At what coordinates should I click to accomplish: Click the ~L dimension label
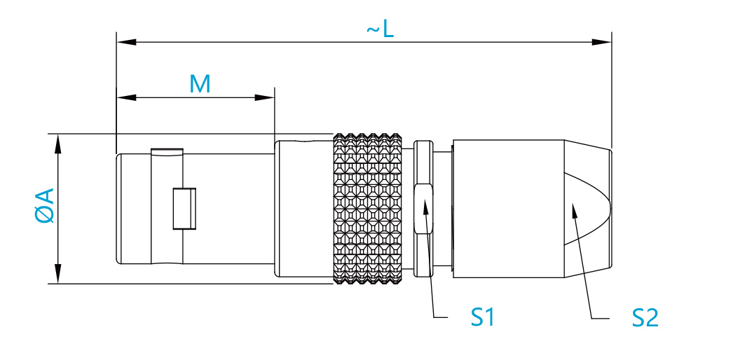(x=380, y=29)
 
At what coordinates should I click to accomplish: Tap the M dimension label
(x=200, y=85)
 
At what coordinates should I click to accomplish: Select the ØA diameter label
(x=45, y=205)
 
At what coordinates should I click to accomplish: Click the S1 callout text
(x=482, y=317)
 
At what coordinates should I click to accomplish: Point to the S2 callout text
(x=645, y=319)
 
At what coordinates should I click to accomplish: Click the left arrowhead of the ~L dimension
(x=126, y=42)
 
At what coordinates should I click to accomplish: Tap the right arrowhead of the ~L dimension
(x=602, y=42)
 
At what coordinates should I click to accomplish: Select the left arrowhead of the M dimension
(x=126, y=97)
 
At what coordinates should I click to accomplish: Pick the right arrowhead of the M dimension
(x=265, y=97)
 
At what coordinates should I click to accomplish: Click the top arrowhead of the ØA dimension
(x=58, y=144)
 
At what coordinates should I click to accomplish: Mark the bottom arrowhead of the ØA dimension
(x=58, y=274)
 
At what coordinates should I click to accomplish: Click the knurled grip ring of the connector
(x=367, y=209)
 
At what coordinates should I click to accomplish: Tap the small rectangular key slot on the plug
(x=184, y=209)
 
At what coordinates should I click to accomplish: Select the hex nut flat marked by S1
(x=423, y=208)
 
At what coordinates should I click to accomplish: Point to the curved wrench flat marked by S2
(x=587, y=209)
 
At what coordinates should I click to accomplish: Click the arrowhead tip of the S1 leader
(x=424, y=201)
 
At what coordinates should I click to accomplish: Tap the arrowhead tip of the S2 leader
(x=572, y=204)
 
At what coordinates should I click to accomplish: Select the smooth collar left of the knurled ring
(x=304, y=209)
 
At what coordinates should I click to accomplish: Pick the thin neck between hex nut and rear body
(x=443, y=209)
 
